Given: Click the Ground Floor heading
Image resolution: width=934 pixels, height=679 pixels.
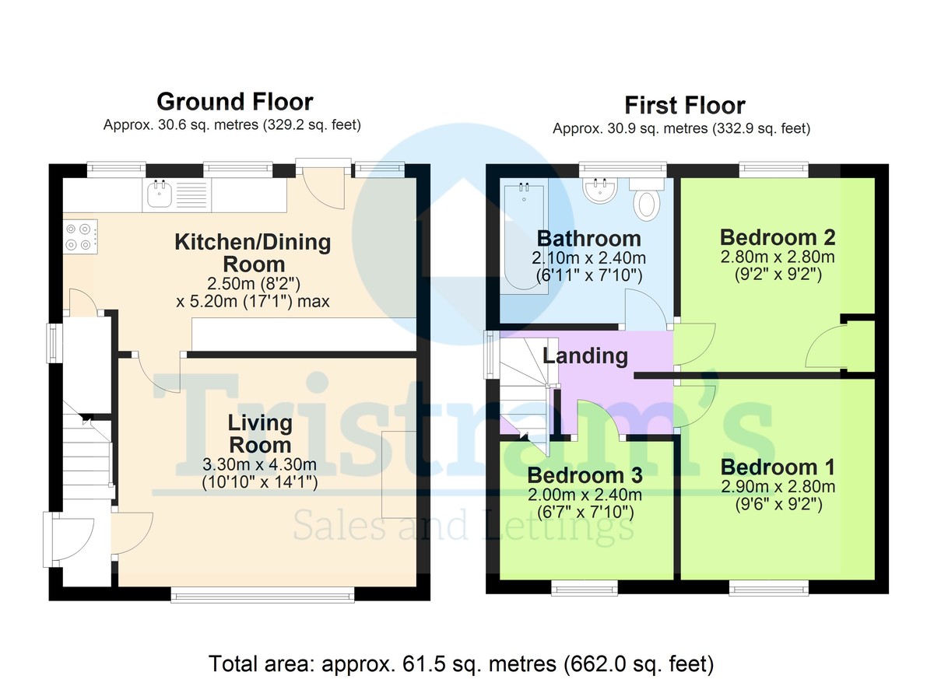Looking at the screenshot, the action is pos(235,102).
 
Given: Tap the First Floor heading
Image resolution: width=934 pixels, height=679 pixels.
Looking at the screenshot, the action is pos(685,106).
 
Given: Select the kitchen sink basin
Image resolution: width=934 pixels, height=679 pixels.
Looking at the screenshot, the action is pos(160,195).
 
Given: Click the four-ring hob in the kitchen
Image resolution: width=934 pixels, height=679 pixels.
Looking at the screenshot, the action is pos(80,236).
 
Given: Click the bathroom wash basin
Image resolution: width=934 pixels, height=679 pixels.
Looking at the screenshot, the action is pos(600,191).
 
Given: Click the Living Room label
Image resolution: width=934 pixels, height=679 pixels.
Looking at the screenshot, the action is pos(260,434).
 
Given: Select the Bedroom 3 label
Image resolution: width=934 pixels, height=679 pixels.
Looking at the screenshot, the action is pos(585,475).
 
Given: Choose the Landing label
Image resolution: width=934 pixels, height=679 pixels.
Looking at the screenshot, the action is pos(585,356).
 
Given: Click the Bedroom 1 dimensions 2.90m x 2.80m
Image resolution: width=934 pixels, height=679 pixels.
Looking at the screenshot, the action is pos(778,487).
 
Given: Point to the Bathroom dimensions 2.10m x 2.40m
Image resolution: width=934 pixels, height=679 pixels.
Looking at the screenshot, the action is pos(588,258).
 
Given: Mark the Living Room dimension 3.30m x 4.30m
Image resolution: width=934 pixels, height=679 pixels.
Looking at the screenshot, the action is pos(259,464).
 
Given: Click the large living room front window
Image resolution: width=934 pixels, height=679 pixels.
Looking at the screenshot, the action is pos(263,595).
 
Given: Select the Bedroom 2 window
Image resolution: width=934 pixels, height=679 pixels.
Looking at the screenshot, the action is pos(774,169).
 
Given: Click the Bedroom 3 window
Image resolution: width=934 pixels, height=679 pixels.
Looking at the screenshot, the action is pos(585,589).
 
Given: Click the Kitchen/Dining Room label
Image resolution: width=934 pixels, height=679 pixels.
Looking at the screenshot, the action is pos(253,254).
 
